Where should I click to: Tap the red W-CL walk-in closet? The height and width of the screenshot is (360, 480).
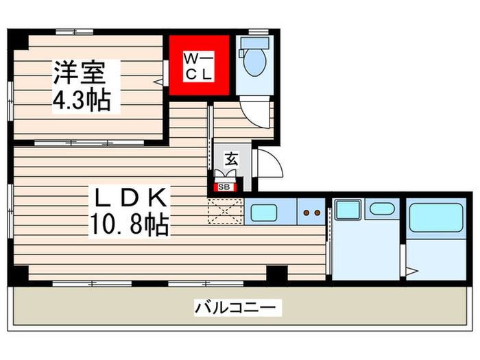click(199, 66)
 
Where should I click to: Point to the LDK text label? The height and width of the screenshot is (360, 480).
click(130, 199)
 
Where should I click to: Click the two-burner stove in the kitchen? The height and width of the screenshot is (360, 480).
click(312, 213)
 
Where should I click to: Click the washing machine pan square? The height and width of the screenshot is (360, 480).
click(348, 209)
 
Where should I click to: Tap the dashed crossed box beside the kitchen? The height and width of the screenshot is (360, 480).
click(226, 211)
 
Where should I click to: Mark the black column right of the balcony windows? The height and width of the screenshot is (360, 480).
click(276, 273)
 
